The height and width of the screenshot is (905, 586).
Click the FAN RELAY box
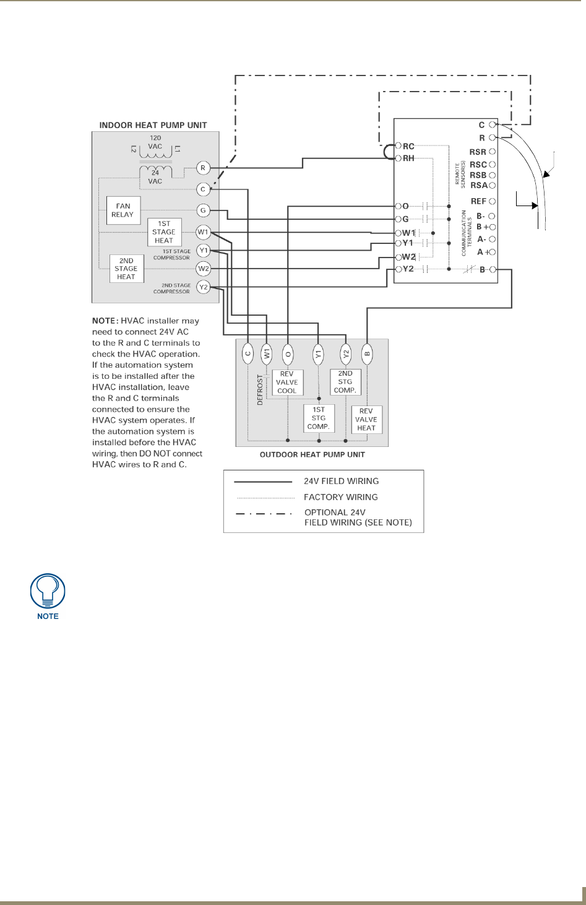[x=123, y=210]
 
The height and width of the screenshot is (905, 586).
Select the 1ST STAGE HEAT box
[x=164, y=232]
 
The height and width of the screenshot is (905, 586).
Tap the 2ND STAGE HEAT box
[x=126, y=269]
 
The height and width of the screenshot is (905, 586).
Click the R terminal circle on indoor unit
[x=203, y=168]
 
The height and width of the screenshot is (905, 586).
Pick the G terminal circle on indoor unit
[x=203, y=210]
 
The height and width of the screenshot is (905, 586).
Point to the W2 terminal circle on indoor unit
[x=203, y=269]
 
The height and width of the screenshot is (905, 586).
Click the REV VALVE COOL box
[x=287, y=383]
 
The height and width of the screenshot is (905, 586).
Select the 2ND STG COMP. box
[x=345, y=382]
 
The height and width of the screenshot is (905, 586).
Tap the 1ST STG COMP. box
[x=319, y=418]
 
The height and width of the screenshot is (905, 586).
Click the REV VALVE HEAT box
[x=366, y=419]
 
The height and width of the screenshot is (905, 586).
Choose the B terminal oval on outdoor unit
[x=367, y=354]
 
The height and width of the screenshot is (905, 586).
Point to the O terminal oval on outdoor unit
[x=288, y=354]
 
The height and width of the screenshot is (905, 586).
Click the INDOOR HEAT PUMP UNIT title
[x=153, y=125]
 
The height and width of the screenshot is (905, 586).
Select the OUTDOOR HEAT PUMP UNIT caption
[x=312, y=454]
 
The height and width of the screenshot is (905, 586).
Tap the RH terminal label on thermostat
[x=408, y=158]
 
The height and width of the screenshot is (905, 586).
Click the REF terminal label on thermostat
[x=478, y=201]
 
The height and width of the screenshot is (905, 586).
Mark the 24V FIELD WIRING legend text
[x=341, y=481]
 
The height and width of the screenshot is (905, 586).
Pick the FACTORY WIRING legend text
[x=340, y=497]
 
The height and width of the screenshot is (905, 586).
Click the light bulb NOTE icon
[x=48, y=591]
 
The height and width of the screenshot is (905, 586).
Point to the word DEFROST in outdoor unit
[x=261, y=389]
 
